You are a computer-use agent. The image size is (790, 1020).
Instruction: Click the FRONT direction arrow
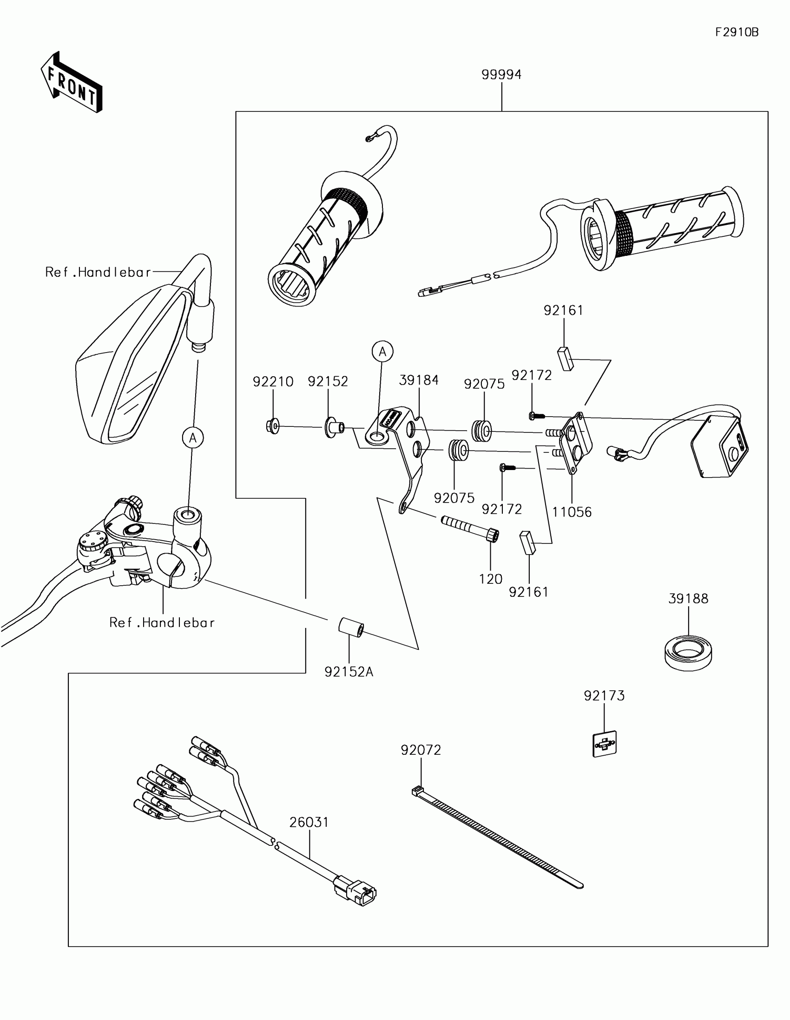72,83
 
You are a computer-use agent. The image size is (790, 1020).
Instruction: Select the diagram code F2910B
737,32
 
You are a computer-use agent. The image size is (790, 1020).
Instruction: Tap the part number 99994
501,74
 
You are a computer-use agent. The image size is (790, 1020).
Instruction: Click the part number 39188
688,598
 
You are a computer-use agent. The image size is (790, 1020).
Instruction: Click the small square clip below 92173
605,744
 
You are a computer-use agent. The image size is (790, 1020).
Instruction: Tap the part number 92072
421,750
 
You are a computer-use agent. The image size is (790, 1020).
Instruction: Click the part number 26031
309,822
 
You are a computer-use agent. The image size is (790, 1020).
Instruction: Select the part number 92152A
349,672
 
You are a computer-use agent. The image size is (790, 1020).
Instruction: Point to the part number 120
491,579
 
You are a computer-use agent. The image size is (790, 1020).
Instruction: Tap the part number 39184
419,379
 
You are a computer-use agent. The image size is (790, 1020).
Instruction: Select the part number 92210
273,381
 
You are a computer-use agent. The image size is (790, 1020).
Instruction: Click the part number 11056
572,512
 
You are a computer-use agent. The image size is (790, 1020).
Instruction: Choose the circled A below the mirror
193,438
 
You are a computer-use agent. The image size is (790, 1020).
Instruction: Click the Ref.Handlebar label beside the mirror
98,272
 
